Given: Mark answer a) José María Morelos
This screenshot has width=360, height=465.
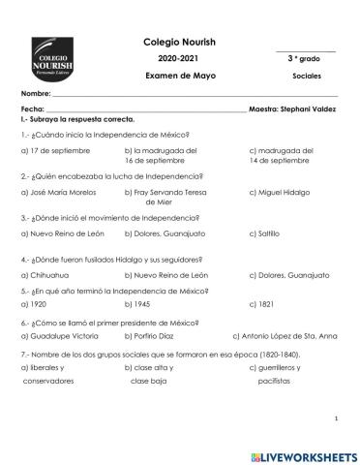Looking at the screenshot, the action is pyautogui.click(x=60, y=193).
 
